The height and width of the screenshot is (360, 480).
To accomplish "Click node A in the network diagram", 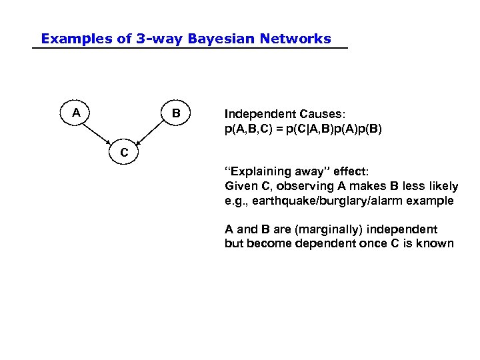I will (77, 113).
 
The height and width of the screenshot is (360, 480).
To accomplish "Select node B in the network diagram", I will (176, 113).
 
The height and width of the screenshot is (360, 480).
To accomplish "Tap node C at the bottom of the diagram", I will (124, 153).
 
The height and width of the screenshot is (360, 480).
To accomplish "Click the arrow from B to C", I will (153, 131).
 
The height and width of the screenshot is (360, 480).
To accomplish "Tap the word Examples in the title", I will (76, 39).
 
